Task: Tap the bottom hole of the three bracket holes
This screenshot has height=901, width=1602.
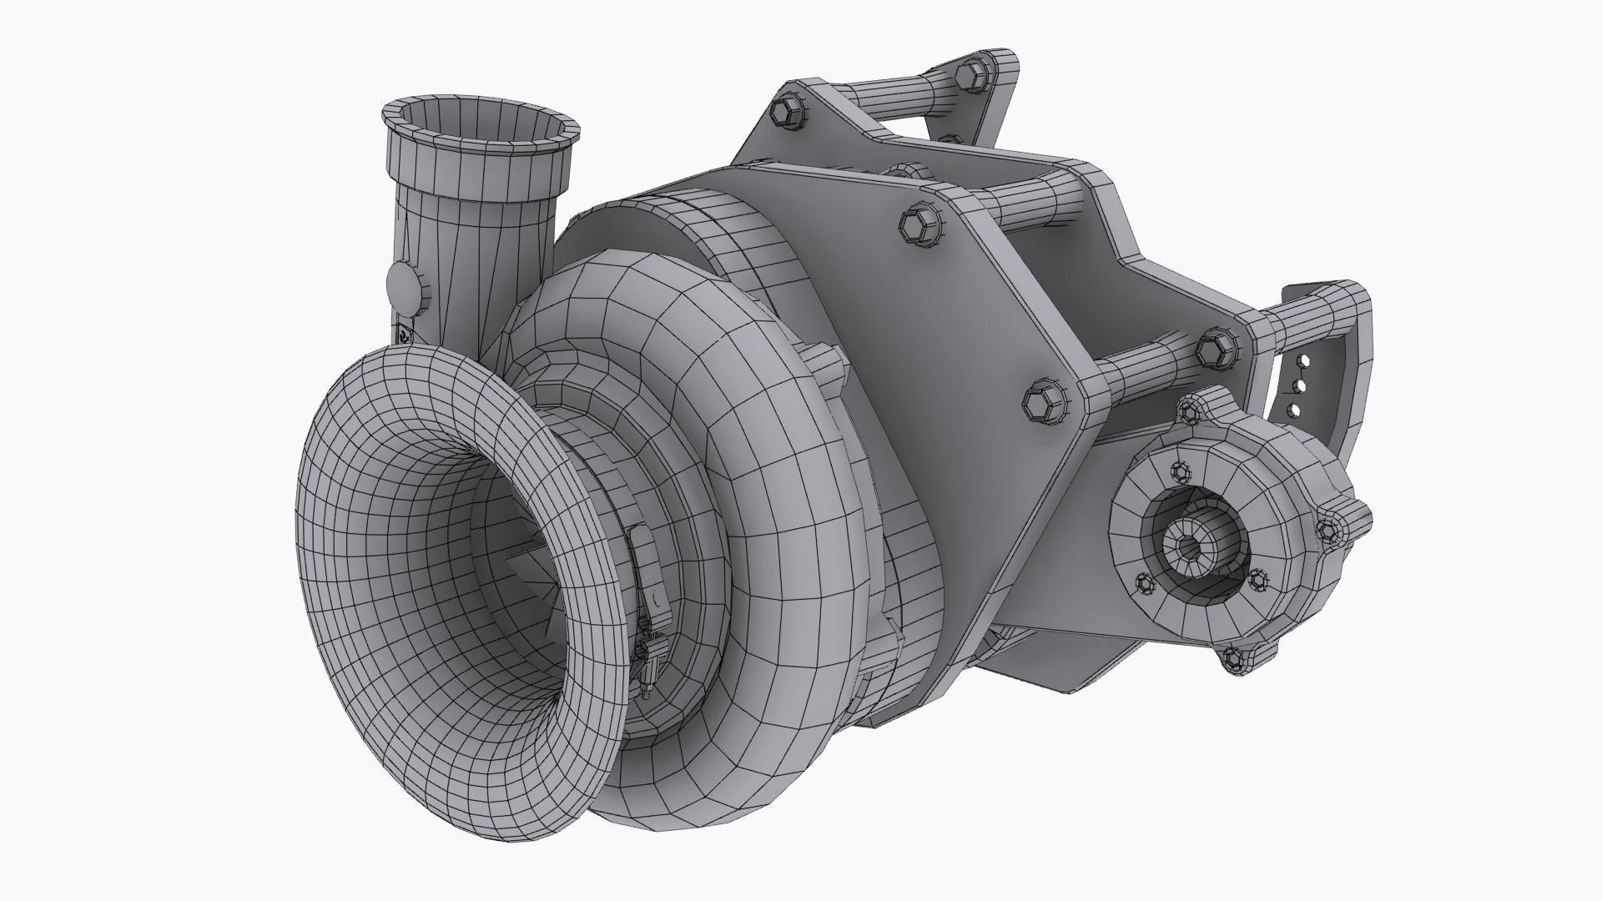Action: [x=1295, y=410]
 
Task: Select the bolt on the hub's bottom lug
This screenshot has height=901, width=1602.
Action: [x=1236, y=660]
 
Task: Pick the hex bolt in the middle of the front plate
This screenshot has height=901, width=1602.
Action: [x=920, y=225]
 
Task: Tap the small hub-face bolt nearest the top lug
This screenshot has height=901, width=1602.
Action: [x=1181, y=472]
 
